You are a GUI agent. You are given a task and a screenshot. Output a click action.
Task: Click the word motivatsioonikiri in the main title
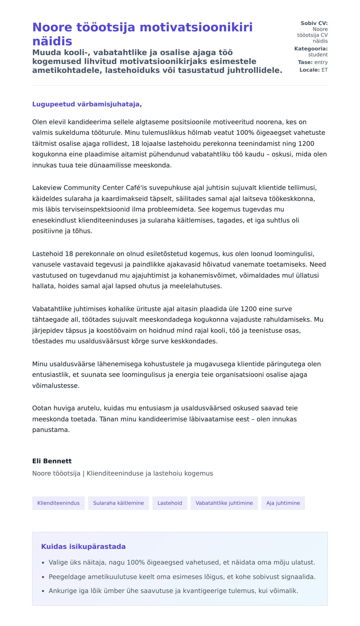(x=196, y=27)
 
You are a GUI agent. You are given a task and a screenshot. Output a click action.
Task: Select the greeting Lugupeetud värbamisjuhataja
(x=87, y=104)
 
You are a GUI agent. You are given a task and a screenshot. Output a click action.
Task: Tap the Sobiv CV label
(x=314, y=23)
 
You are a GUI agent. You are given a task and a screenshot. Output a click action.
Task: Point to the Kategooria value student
(x=318, y=55)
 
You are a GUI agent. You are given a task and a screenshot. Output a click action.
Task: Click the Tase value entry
(x=321, y=62)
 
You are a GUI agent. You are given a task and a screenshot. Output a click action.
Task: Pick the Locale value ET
(x=325, y=70)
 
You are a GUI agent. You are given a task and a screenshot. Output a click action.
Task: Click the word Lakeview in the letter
(x=47, y=188)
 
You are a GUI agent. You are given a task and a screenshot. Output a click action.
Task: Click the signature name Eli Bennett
(x=52, y=461)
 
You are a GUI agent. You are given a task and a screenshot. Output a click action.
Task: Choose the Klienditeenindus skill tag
(x=58, y=503)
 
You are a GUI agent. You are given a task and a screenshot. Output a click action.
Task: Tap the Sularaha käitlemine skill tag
(x=118, y=503)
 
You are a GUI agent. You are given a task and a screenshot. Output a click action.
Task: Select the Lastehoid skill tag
(x=170, y=503)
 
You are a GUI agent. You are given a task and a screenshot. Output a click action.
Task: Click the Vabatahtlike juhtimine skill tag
(x=224, y=503)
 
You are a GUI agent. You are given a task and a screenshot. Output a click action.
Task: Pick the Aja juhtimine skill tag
(x=283, y=503)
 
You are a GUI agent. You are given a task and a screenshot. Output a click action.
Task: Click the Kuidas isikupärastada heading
(x=83, y=546)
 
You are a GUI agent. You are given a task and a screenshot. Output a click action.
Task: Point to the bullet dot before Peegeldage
(x=43, y=577)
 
